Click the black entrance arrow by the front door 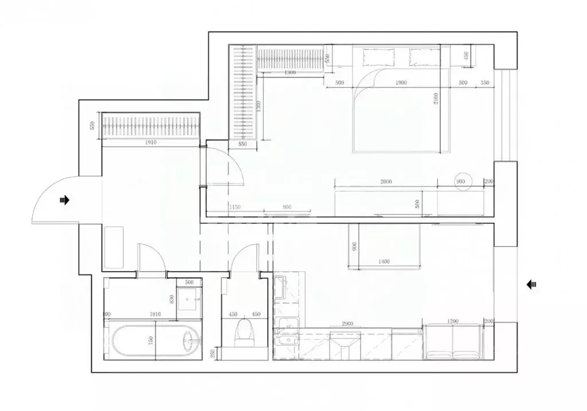[64, 200]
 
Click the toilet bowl [245, 332]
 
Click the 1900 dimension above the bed [401, 83]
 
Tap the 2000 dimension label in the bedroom [385, 181]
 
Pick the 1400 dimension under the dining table [383, 262]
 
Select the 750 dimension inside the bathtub [150, 340]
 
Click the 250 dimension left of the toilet [213, 354]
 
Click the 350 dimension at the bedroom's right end [485, 83]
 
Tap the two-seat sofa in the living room [453, 343]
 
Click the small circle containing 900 [462, 181]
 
